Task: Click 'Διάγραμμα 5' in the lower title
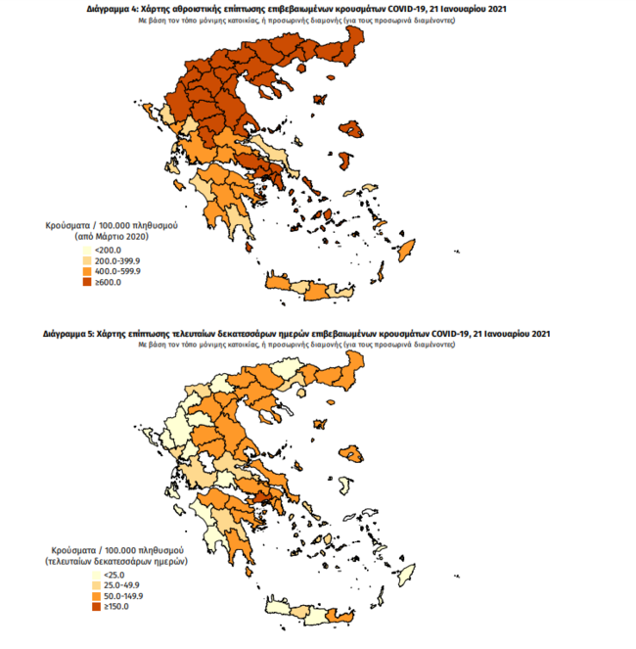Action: click(68, 334)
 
